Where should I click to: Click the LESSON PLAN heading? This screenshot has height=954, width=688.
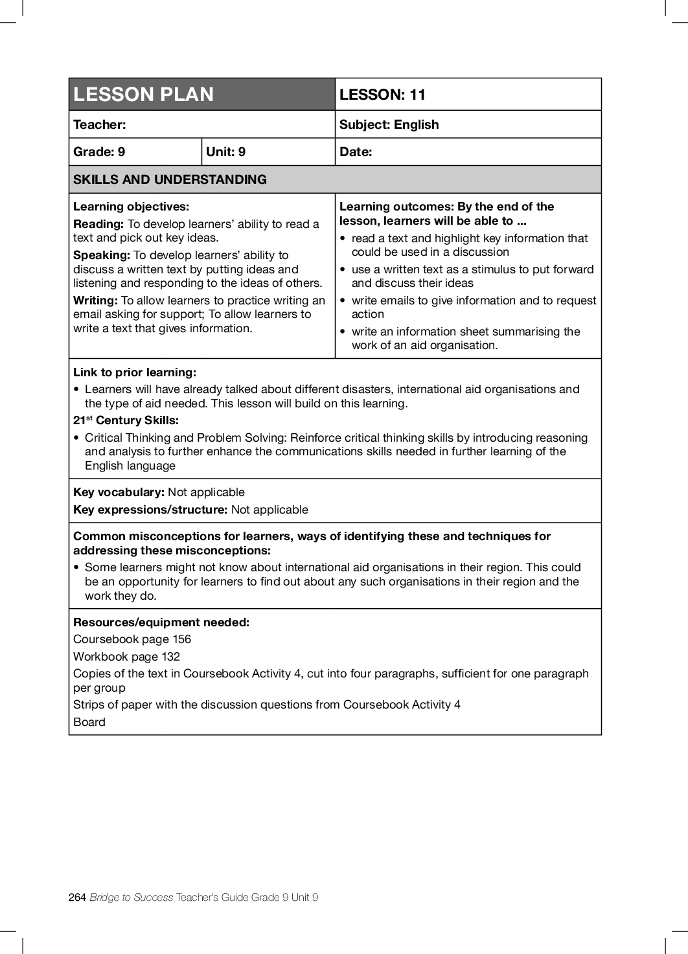click(143, 95)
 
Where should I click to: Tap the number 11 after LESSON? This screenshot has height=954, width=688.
click(417, 95)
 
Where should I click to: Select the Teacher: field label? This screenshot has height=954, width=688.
click(100, 124)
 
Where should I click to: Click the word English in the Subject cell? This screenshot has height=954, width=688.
click(416, 124)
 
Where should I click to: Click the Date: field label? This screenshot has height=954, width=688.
click(356, 152)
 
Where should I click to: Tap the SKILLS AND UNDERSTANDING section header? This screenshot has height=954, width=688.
click(170, 179)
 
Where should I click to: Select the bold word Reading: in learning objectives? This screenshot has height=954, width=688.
click(98, 224)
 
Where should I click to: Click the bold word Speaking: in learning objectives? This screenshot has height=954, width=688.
click(102, 255)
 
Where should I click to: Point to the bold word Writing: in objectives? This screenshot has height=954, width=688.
click(95, 301)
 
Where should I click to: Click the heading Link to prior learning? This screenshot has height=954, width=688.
click(135, 372)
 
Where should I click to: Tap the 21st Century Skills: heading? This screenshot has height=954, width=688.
click(126, 420)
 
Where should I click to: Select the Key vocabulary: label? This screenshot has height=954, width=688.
click(119, 492)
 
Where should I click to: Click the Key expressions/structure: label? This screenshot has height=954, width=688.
click(150, 510)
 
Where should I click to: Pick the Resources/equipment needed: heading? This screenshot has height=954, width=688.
click(161, 622)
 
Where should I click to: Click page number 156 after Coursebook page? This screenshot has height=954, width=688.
click(181, 639)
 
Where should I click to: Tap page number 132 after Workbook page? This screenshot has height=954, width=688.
click(170, 657)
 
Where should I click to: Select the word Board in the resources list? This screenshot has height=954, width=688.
click(89, 722)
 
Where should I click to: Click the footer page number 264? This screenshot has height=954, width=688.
click(77, 897)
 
